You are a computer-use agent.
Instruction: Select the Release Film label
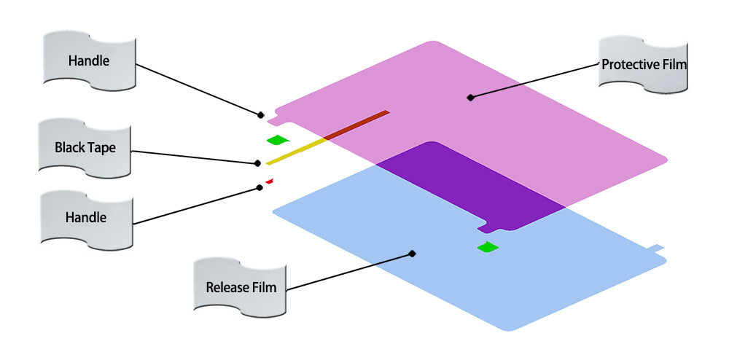(241, 287)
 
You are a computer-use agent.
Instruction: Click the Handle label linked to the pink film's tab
(88, 61)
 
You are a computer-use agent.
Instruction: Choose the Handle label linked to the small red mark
(86, 217)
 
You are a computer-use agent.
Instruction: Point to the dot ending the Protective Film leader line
(470, 97)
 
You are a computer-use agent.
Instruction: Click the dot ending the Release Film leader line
(413, 254)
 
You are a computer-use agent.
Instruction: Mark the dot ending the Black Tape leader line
(257, 163)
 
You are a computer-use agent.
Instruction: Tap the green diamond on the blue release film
(488, 248)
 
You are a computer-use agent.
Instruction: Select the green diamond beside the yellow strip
(278, 139)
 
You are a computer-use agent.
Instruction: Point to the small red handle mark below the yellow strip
(269, 181)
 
